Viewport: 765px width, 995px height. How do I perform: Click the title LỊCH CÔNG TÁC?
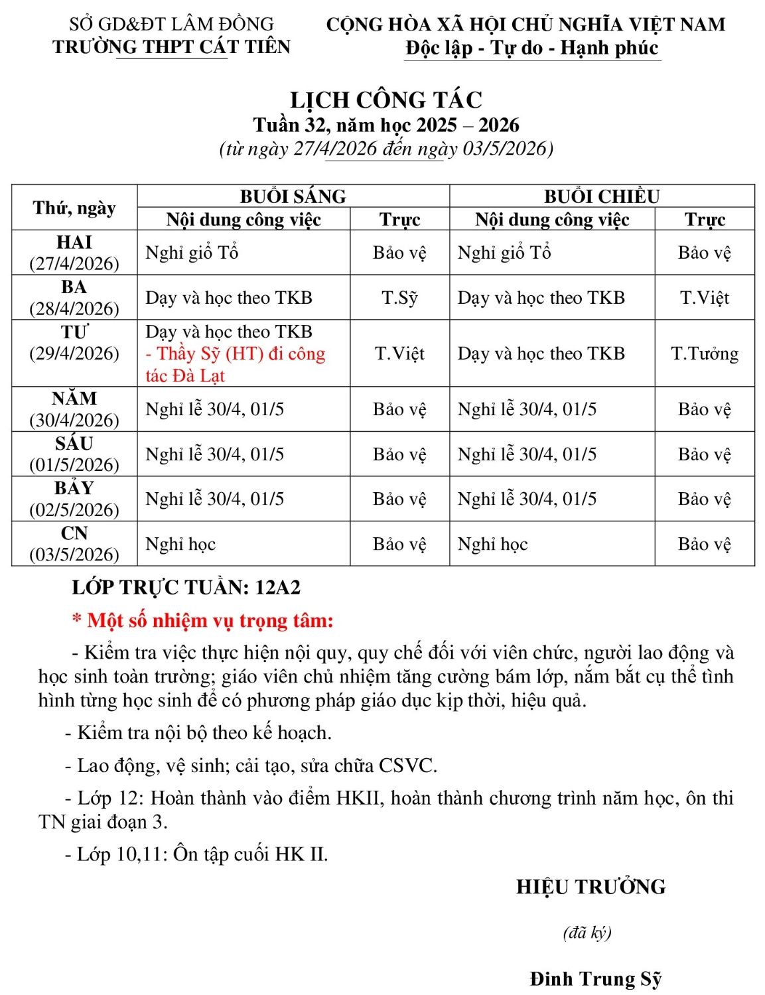tap(386, 100)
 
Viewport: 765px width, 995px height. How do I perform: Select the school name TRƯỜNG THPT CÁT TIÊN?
tap(171, 47)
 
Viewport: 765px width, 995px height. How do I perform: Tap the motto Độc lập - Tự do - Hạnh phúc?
tap(531, 48)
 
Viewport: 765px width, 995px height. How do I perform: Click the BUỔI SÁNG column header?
tap(293, 196)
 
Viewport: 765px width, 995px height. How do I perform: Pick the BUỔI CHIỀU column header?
tap(602, 196)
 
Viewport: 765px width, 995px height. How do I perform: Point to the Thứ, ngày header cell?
tap(74, 208)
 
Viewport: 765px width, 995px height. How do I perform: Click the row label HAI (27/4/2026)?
tap(74, 253)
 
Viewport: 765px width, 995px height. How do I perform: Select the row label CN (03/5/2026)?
tap(74, 543)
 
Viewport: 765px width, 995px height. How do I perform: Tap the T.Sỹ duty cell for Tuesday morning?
tap(399, 298)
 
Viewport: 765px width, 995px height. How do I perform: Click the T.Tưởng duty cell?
tap(705, 354)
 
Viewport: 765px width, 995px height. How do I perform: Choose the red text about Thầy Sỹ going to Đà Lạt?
tap(236, 364)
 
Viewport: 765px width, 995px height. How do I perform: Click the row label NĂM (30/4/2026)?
tap(74, 409)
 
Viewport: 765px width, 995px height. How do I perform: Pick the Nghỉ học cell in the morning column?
tap(180, 544)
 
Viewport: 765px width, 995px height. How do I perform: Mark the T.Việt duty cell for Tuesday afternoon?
tap(705, 298)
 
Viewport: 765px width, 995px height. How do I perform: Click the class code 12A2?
tap(277, 587)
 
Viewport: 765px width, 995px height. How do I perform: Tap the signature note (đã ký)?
tap(587, 933)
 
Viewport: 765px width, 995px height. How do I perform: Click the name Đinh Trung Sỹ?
tap(596, 979)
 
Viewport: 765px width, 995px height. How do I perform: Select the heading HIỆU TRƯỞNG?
tap(591, 887)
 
